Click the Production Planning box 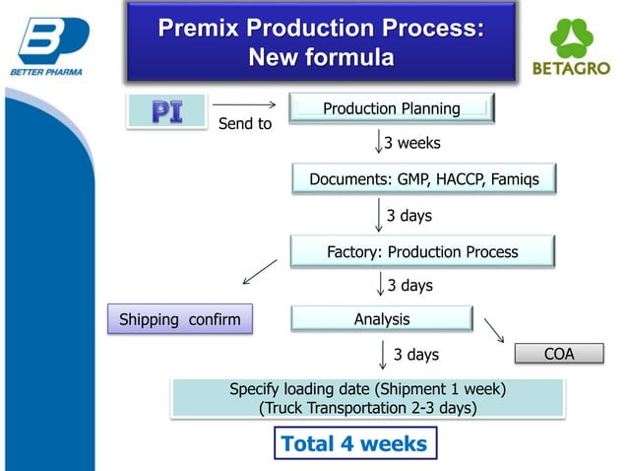pos(391,108)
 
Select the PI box pos(165,111)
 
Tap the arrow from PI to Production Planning pos(244,104)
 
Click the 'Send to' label pos(244,124)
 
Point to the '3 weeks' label pos(411,143)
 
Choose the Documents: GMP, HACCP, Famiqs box pos(423,180)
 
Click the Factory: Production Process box pos(422,251)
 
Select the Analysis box pos(382,319)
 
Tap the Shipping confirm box pos(179,319)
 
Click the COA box pos(558,354)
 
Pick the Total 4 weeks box pos(353,443)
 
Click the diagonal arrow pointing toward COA pos(494,329)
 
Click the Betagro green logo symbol pos(571,38)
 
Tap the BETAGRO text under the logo pos(571,70)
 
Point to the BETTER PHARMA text pos(46,72)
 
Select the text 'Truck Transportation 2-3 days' pos(367,408)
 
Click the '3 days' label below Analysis pos(415,354)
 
